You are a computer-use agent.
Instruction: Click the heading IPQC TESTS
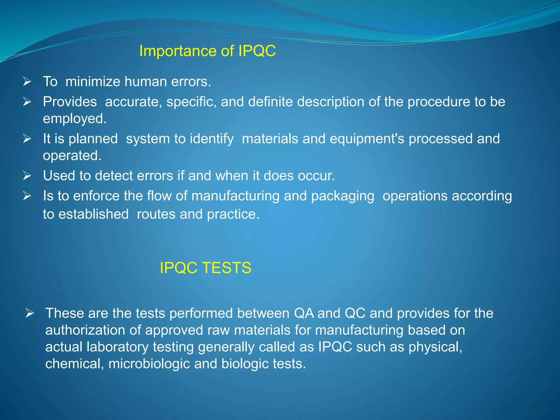tap(205, 268)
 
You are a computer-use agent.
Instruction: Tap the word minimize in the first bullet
tap(93, 81)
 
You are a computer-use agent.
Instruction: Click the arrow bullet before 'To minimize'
tap(27, 81)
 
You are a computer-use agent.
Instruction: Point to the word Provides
tap(70, 102)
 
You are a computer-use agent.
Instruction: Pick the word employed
tap(74, 119)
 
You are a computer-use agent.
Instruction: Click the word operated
tap(72, 156)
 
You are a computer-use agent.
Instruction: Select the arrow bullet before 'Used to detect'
tap(27, 176)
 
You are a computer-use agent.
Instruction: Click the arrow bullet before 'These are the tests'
tap(30, 313)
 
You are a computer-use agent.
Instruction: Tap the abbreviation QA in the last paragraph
tap(304, 313)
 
